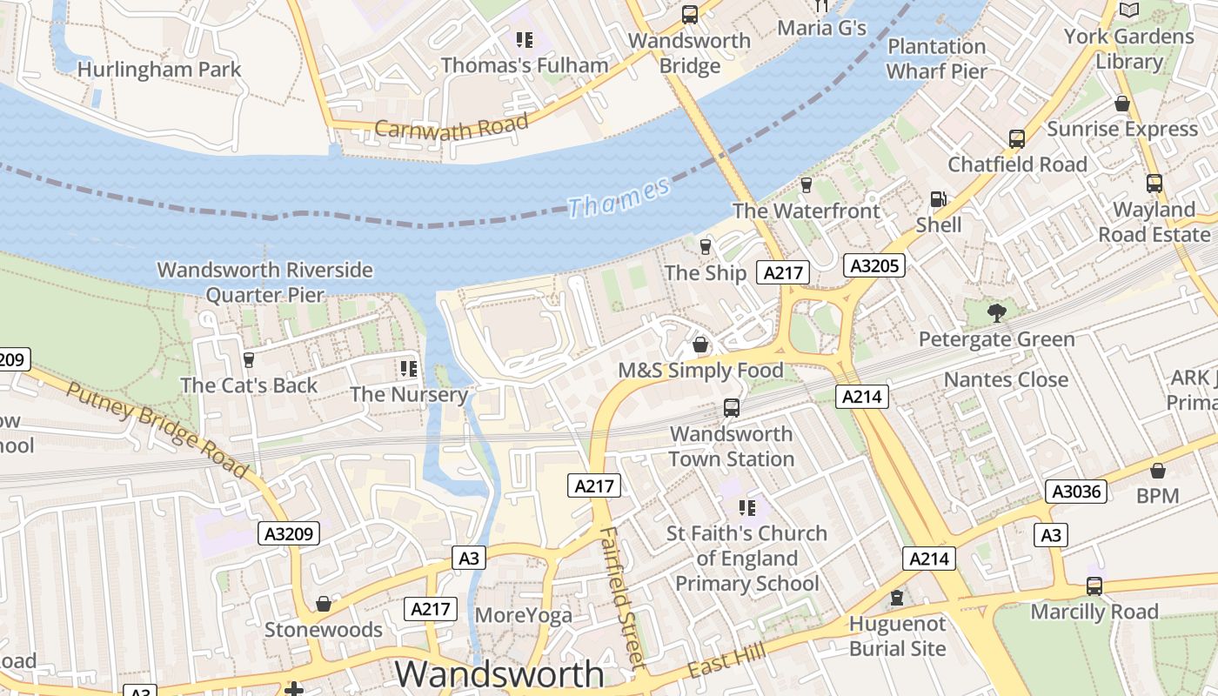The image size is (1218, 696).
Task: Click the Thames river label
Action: (x=619, y=196)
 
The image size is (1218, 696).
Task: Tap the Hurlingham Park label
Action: (x=158, y=69)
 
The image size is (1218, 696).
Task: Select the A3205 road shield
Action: (x=873, y=265)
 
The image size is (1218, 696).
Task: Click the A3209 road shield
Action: (x=289, y=533)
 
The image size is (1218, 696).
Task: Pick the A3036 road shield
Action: (x=1076, y=492)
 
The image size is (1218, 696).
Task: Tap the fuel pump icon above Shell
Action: (x=938, y=199)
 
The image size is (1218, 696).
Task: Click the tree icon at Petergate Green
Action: (x=996, y=312)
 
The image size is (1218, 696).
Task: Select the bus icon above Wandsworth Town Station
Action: (x=732, y=407)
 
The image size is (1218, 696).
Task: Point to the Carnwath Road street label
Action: (x=451, y=128)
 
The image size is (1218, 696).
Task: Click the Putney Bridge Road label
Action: (x=157, y=429)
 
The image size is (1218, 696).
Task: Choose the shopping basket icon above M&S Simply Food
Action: (x=700, y=345)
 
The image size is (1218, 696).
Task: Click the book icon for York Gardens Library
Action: (x=1129, y=10)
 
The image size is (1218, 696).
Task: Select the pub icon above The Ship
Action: (x=706, y=247)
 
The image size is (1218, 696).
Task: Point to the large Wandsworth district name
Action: (x=499, y=674)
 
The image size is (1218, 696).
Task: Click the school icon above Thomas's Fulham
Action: (x=524, y=39)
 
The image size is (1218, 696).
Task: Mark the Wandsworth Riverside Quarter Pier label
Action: (x=264, y=283)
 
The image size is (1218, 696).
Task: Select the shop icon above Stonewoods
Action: (x=324, y=604)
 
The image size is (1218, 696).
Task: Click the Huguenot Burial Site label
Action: (x=897, y=636)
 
